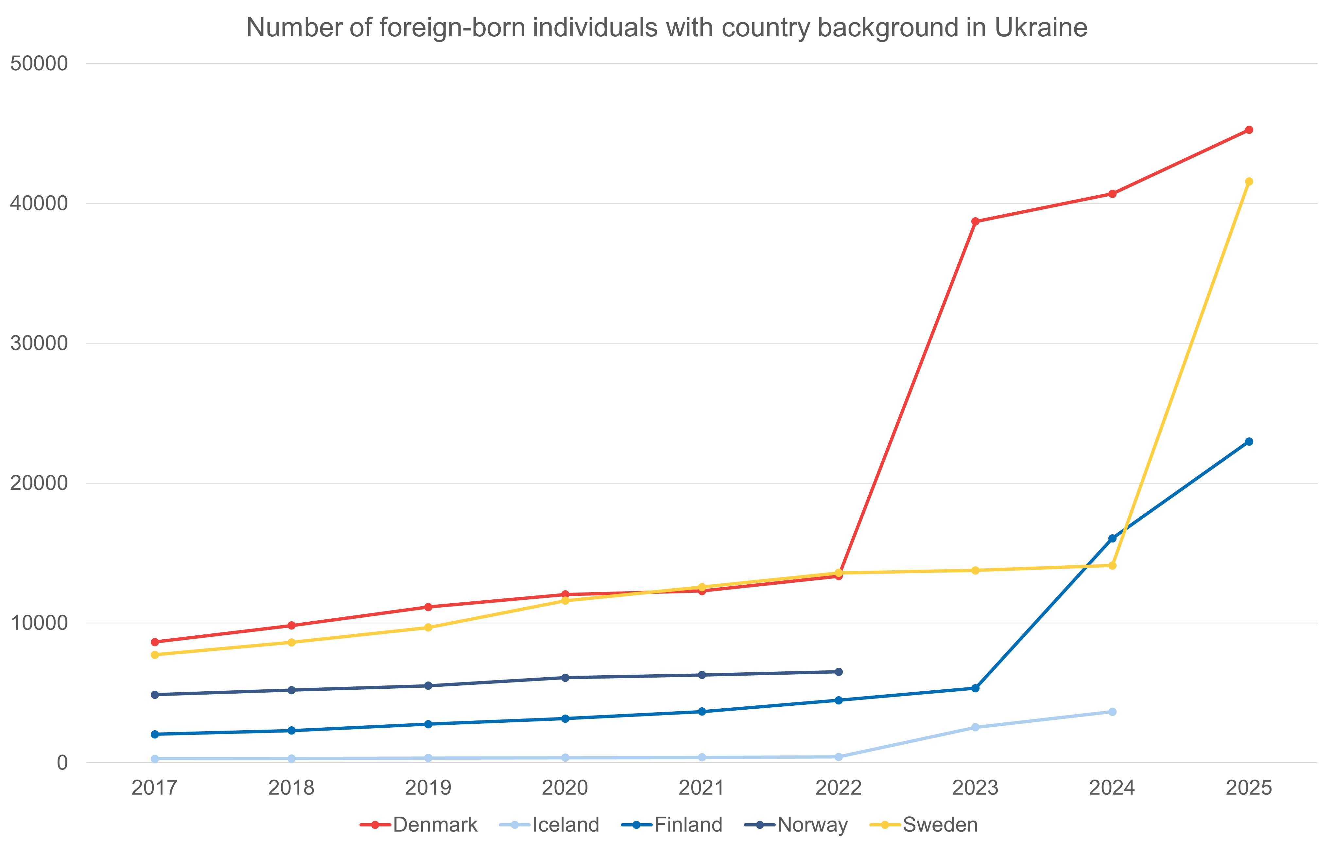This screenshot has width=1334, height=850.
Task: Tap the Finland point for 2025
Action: (1249, 442)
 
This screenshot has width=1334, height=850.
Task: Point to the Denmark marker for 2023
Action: (976, 221)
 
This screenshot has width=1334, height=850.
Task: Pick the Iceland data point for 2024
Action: (1112, 712)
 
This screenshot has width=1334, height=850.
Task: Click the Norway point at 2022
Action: (839, 672)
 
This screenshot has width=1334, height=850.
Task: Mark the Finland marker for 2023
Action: (976, 688)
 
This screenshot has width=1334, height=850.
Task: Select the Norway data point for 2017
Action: (155, 694)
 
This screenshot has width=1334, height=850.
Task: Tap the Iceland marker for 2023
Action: (976, 727)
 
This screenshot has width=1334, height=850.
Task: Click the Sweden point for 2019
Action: (428, 627)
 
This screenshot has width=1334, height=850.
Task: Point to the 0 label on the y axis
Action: (62, 762)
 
